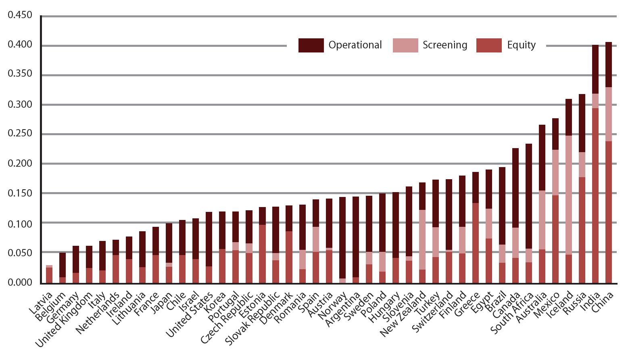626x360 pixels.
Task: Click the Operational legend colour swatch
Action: [x=311, y=45]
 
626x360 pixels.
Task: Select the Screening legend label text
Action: [x=444, y=45]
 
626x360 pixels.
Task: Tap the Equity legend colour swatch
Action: [x=489, y=45]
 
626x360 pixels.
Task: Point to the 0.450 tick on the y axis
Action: [x=20, y=15]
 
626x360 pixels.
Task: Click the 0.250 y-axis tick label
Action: [x=20, y=134]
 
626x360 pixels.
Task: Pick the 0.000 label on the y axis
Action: [x=20, y=282]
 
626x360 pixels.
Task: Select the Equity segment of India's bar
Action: [x=595, y=194]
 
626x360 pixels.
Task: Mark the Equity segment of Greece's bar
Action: [x=476, y=242]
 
